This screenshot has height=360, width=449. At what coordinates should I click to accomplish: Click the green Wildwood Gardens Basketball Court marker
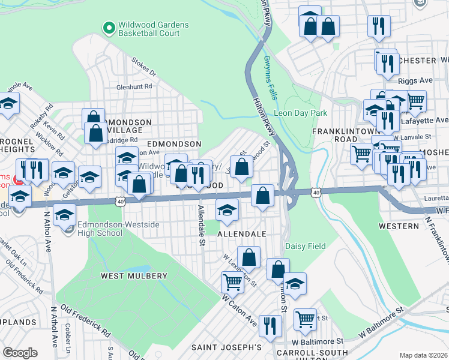pos(109,28)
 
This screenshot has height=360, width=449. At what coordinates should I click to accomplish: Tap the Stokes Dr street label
pos(144,67)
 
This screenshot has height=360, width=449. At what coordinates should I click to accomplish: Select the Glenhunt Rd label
pos(134,86)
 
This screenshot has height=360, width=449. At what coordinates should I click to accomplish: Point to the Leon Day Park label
pos(300,113)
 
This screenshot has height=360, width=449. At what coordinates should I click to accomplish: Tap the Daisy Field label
pos(305,246)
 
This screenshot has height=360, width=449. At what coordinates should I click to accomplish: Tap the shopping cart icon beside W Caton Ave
pos(232,281)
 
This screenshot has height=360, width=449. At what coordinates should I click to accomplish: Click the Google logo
pos(20,353)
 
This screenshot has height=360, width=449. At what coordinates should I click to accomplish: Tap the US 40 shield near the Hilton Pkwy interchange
pos(316,193)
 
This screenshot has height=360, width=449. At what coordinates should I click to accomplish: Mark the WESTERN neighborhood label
pos(399,226)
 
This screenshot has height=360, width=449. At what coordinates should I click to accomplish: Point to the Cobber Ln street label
pos(68,338)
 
